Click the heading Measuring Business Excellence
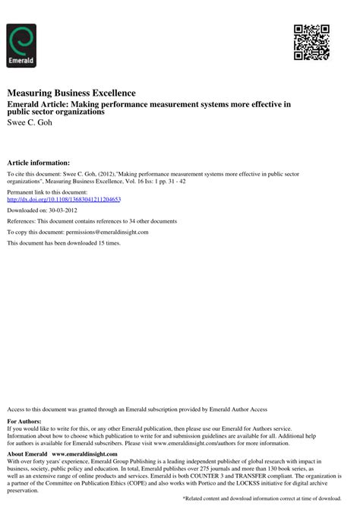(71, 93)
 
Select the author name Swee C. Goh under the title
(31, 122)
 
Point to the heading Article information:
(38, 163)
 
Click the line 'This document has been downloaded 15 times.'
(64, 242)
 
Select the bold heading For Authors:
(24, 421)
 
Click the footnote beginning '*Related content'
(261, 498)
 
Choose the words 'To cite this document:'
(36, 175)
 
